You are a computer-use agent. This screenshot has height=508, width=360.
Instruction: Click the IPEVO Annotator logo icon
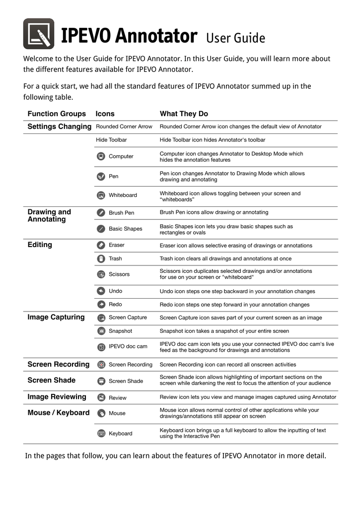pos(39,34)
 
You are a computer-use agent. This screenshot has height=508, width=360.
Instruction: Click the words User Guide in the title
pos(235,38)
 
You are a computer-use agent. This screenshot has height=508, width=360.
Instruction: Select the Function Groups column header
pos(57,114)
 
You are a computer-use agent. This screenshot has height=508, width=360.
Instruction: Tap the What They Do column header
pos(184,114)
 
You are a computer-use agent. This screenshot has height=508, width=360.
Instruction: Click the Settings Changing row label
pos(59,127)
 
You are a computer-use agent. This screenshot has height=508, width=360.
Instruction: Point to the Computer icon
pos(101,156)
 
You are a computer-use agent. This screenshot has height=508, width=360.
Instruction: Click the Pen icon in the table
pos(101,176)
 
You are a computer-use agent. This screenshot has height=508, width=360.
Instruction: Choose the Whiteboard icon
pos(101,195)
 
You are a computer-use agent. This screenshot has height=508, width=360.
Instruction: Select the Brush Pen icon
pos(101,213)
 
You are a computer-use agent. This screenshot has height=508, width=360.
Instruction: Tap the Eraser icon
pos(101,245)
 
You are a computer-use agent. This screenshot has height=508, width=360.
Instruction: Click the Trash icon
pos(101,258)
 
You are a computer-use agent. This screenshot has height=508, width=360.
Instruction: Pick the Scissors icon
pos(101,274)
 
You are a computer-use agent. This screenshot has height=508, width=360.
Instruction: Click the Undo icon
pos(101,291)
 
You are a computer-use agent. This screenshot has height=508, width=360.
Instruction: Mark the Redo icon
pos(101,305)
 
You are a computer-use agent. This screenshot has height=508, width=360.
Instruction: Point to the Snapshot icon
pos(101,331)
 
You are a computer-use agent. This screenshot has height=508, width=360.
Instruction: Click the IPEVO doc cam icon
pos(101,346)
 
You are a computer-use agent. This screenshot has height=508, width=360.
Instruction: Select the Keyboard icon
pos(101,433)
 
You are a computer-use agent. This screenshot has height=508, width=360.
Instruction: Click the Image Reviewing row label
pos(57,397)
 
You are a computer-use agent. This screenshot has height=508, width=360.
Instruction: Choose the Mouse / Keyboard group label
pos(59,413)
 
